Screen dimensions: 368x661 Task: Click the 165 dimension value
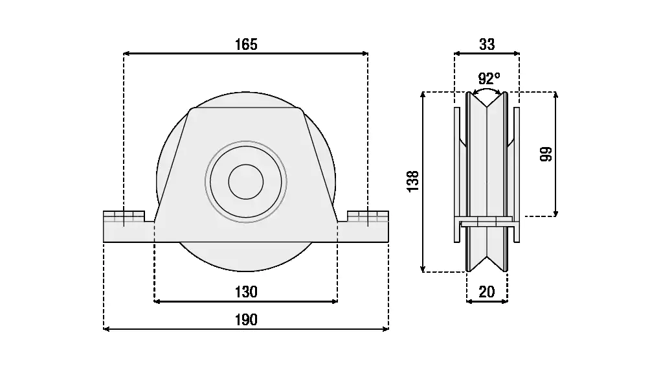click(x=246, y=44)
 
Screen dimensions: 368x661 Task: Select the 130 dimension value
click(x=246, y=292)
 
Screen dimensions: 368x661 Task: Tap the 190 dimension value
click(x=246, y=319)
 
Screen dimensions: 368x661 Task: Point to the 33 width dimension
click(x=487, y=44)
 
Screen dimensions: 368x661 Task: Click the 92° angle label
click(x=489, y=78)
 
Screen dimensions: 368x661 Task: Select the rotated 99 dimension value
click(x=545, y=154)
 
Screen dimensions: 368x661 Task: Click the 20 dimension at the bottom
click(x=487, y=292)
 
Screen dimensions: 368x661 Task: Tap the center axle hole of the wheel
click(x=246, y=181)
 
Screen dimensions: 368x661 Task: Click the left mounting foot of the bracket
click(x=128, y=226)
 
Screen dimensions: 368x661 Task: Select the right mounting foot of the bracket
click(x=363, y=226)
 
